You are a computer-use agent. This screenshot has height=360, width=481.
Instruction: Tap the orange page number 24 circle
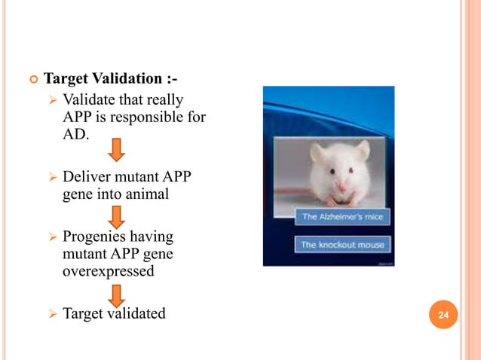point(443,314)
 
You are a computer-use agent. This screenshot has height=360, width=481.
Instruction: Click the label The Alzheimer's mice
point(342,217)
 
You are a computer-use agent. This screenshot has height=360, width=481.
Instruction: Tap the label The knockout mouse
point(342,245)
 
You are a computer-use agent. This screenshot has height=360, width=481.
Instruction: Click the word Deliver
point(86,178)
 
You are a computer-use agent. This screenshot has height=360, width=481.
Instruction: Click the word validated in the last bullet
point(137,313)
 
